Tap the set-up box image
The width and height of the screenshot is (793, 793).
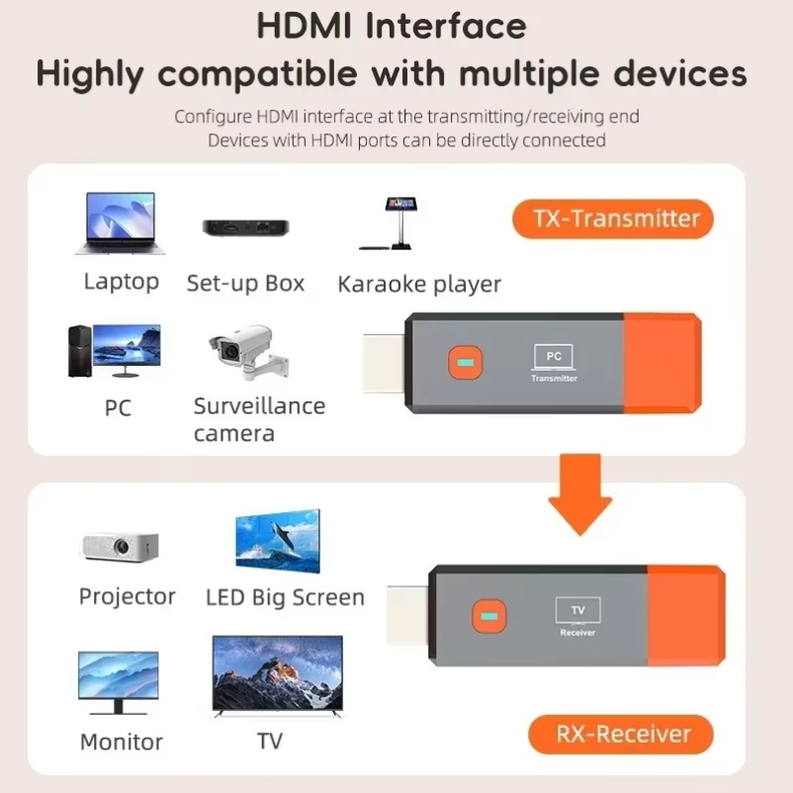[245, 226]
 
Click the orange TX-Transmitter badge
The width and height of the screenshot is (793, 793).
[612, 219]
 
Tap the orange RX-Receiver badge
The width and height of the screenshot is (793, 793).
[621, 735]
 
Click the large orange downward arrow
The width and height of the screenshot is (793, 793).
[579, 495]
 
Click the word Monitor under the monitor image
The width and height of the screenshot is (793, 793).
[121, 742]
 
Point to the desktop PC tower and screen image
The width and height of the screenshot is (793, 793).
[113, 351]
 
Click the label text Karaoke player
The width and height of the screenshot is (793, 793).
[419, 285]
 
